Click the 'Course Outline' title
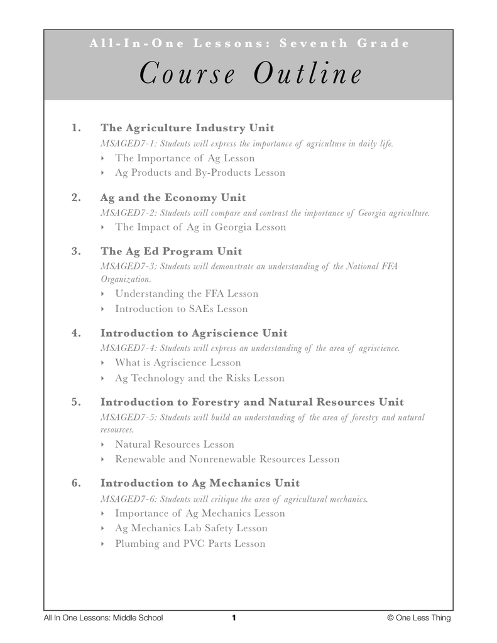pyautogui.click(x=250, y=75)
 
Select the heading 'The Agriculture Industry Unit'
pyautogui.click(x=187, y=128)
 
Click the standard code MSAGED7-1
pyautogui.click(x=128, y=144)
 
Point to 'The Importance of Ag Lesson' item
pyautogui.click(x=185, y=158)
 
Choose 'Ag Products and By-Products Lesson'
pyautogui.click(x=200, y=173)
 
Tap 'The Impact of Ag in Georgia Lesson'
pyautogui.click(x=200, y=227)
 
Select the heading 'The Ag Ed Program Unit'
pyautogui.click(x=171, y=251)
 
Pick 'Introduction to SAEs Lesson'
pyautogui.click(x=181, y=309)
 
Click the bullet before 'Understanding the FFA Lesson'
pyautogui.click(x=102, y=294)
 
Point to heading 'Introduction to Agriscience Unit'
pyautogui.click(x=194, y=333)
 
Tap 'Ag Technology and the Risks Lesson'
pyautogui.click(x=199, y=378)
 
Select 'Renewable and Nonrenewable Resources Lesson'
pyautogui.click(x=227, y=459)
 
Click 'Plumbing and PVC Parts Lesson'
pyautogui.click(x=190, y=544)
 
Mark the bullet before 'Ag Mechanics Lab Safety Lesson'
pyautogui.click(x=102, y=529)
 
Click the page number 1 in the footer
pyautogui.click(x=234, y=618)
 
